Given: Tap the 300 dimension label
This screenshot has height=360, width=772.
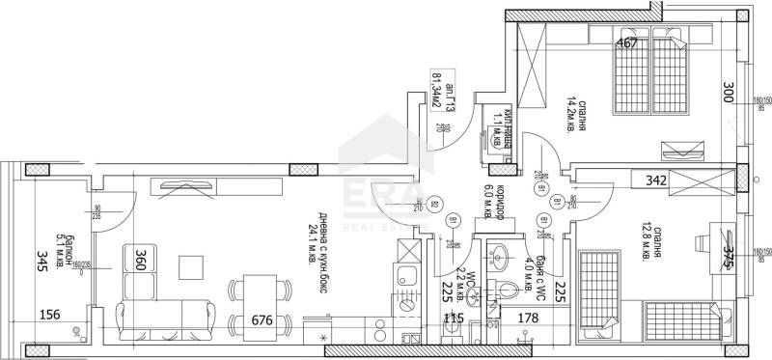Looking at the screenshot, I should click(729, 94).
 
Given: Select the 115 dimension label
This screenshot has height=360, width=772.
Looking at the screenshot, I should click(453, 318).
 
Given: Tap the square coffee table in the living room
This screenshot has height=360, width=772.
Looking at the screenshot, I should click(192, 267).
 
